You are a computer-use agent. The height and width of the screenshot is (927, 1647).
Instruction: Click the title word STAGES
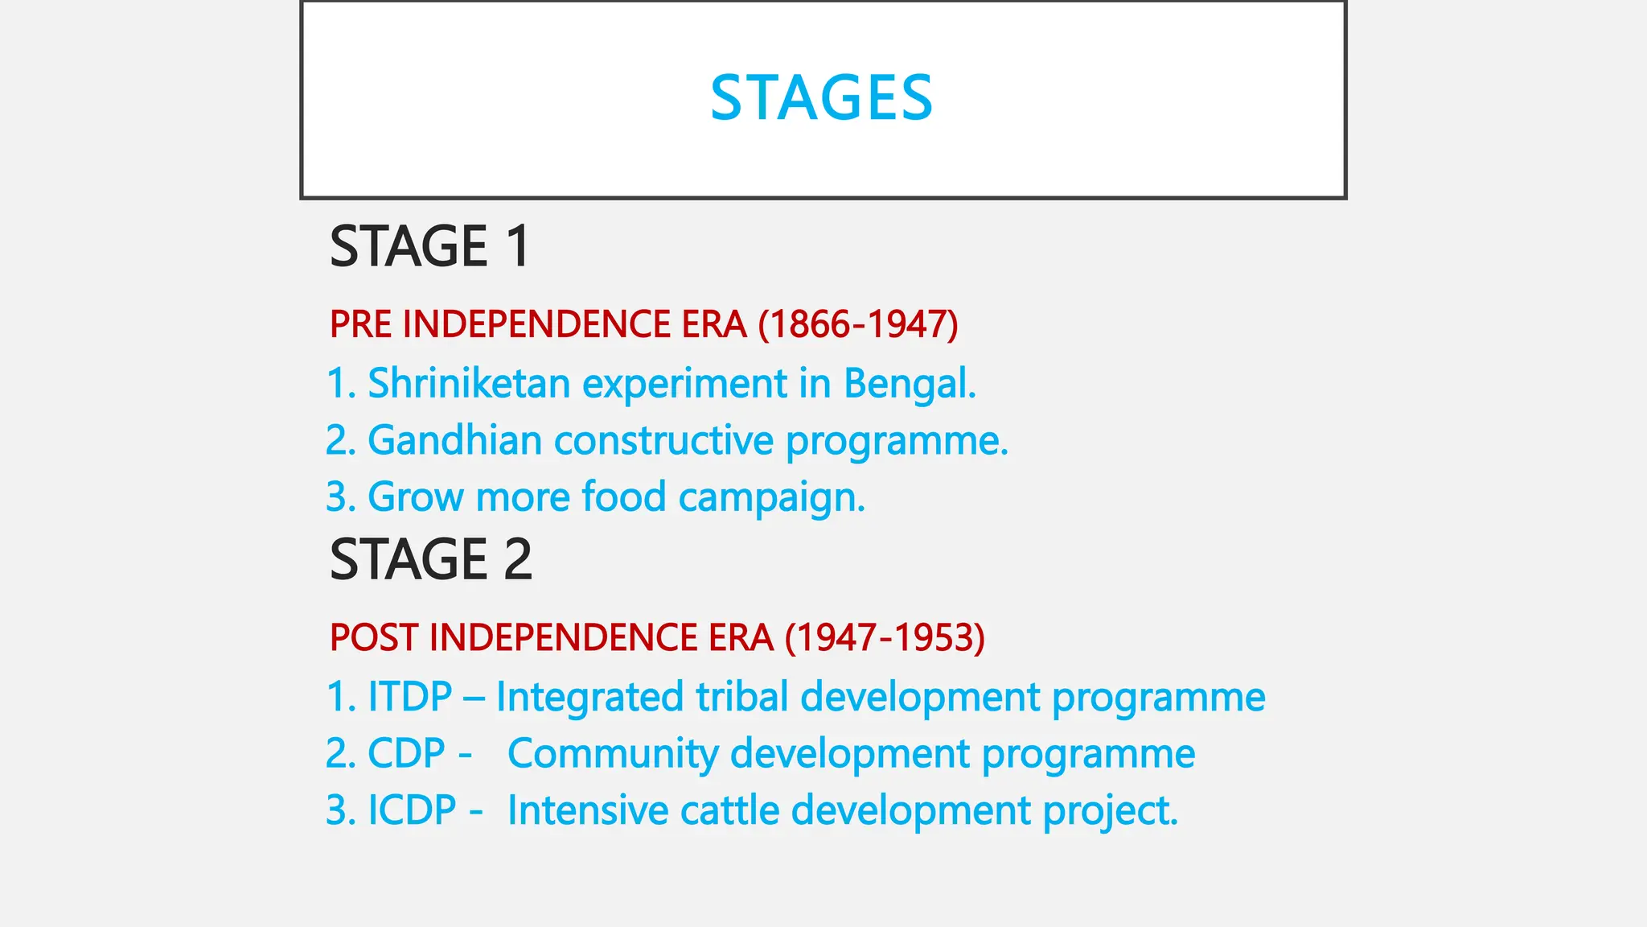[821, 98]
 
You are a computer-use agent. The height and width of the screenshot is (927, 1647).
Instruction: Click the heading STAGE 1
[429, 246]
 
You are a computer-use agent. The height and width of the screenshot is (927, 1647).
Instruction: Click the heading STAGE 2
[431, 559]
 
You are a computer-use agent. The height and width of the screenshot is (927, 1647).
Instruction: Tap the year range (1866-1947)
[858, 324]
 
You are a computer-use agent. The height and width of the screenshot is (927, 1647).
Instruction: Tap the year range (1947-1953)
[885, 637]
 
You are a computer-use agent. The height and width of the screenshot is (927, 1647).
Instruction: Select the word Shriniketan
[469, 383]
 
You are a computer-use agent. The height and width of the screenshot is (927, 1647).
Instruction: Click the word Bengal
[910, 383]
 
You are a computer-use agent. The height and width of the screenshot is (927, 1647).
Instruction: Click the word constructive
[663, 440]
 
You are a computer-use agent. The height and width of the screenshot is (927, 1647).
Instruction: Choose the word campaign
[771, 497]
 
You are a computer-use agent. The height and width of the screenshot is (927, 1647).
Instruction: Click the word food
[624, 496]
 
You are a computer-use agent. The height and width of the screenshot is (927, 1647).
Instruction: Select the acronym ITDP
[409, 696]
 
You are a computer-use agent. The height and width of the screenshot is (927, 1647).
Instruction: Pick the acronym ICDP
[412, 810]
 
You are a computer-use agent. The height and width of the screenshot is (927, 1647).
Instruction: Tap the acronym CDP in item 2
[406, 753]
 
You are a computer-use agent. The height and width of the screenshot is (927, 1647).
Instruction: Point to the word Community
[613, 753]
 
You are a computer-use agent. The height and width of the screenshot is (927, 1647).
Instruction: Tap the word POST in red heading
[374, 637]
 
